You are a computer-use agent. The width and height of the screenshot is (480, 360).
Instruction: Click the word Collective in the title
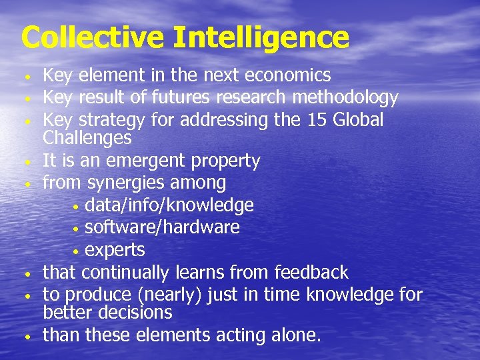point(92,37)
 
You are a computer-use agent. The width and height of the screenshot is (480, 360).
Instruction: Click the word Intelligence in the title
point(261,37)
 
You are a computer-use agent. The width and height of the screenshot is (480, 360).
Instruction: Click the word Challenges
point(87,138)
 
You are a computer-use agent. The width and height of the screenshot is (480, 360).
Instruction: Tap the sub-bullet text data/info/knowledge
point(169,205)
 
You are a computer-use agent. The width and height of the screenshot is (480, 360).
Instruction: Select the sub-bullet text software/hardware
point(162,227)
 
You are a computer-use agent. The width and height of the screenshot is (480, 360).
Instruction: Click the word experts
point(115,250)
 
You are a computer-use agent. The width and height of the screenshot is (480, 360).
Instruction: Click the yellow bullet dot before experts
point(77,251)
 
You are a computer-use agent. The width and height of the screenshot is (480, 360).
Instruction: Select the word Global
point(357,120)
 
